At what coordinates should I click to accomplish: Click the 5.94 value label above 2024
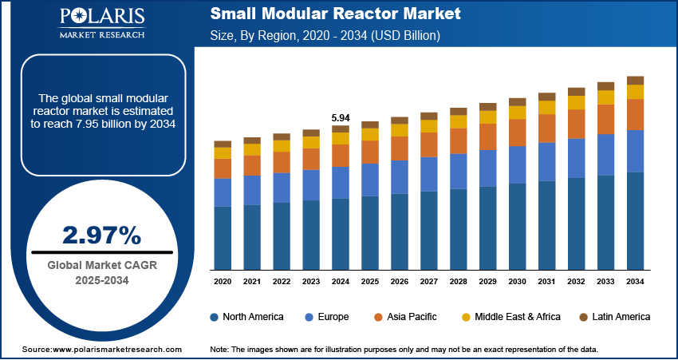coord(341,118)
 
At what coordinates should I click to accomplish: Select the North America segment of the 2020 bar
coord(223,237)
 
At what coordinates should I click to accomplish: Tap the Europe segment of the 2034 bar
coord(635,151)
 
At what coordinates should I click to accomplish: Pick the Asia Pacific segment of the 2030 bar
coord(517,132)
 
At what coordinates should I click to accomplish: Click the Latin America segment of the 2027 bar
coord(429,116)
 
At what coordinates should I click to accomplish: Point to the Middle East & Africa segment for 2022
coord(282,145)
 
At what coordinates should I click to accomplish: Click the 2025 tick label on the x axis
coord(370,282)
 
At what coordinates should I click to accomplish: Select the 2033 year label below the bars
coord(605,282)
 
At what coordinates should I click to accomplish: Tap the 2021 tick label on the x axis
coord(252,282)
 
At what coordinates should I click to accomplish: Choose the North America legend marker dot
coord(215,317)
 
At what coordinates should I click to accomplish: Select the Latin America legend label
coord(621,317)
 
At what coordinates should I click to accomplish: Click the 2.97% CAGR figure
coord(101,235)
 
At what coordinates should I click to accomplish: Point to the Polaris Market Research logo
coord(101,24)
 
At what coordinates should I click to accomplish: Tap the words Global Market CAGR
coord(101,265)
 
